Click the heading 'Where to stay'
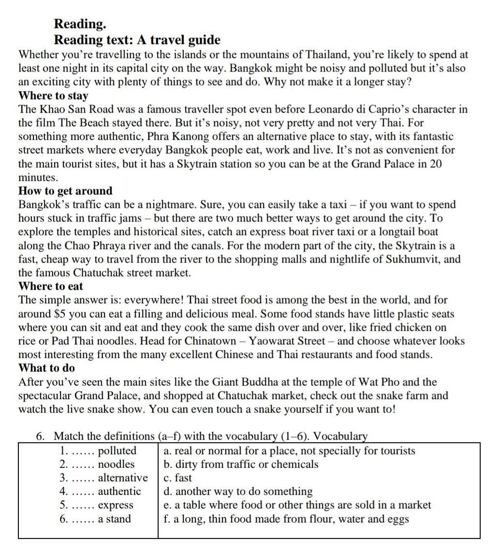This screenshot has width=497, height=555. pyautogui.click(x=53, y=96)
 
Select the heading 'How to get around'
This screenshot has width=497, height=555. pyautogui.click(x=65, y=191)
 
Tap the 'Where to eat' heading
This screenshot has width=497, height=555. pyautogui.click(x=51, y=286)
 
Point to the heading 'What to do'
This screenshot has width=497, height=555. pyautogui.click(x=46, y=368)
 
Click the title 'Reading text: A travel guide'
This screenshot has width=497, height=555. pyautogui.click(x=137, y=40)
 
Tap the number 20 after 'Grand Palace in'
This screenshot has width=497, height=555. pyautogui.click(x=435, y=163)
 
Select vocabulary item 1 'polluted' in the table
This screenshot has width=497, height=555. pyautogui.click(x=117, y=451)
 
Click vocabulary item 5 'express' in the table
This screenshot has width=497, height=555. pyautogui.click(x=115, y=506)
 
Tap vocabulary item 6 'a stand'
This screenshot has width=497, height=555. pyautogui.click(x=114, y=519)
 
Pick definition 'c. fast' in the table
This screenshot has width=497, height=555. pyautogui.click(x=177, y=478)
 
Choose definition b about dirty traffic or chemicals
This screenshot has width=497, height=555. pyautogui.click(x=241, y=465)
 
